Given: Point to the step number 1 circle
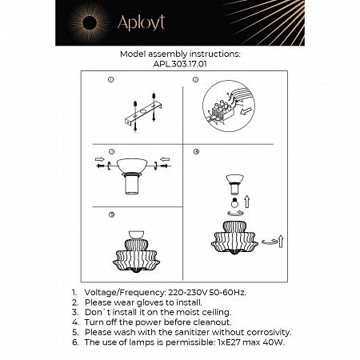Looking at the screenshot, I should [x=111, y=80].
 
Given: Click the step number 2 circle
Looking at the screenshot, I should [x=196, y=80].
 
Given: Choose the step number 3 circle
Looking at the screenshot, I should [x=111, y=150].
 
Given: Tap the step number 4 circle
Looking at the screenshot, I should [x=196, y=150].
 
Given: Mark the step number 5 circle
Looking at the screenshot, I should [x=111, y=214].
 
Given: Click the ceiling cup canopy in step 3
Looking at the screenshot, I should [x=133, y=166].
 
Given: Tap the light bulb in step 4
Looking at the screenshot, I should [x=234, y=203].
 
